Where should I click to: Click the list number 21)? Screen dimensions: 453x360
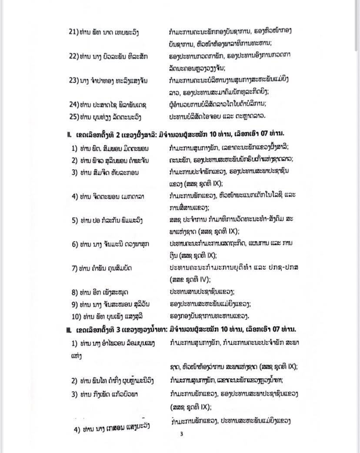[x=73, y=32]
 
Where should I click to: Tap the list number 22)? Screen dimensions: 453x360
[x=73, y=56]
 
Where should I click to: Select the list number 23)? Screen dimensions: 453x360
[x=73, y=80]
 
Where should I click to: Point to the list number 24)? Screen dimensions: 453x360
[x=73, y=104]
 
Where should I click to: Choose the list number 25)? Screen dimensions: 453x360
[x=73, y=116]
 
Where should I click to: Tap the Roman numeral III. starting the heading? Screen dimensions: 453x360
[x=69, y=329]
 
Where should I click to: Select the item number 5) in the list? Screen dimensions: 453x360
[x=75, y=220]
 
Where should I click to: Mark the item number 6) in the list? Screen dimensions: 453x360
[x=75, y=244]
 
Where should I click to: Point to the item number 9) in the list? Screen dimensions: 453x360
[x=75, y=304]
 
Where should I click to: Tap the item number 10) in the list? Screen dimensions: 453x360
[x=76, y=316]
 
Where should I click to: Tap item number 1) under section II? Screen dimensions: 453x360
[x=75, y=148]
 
